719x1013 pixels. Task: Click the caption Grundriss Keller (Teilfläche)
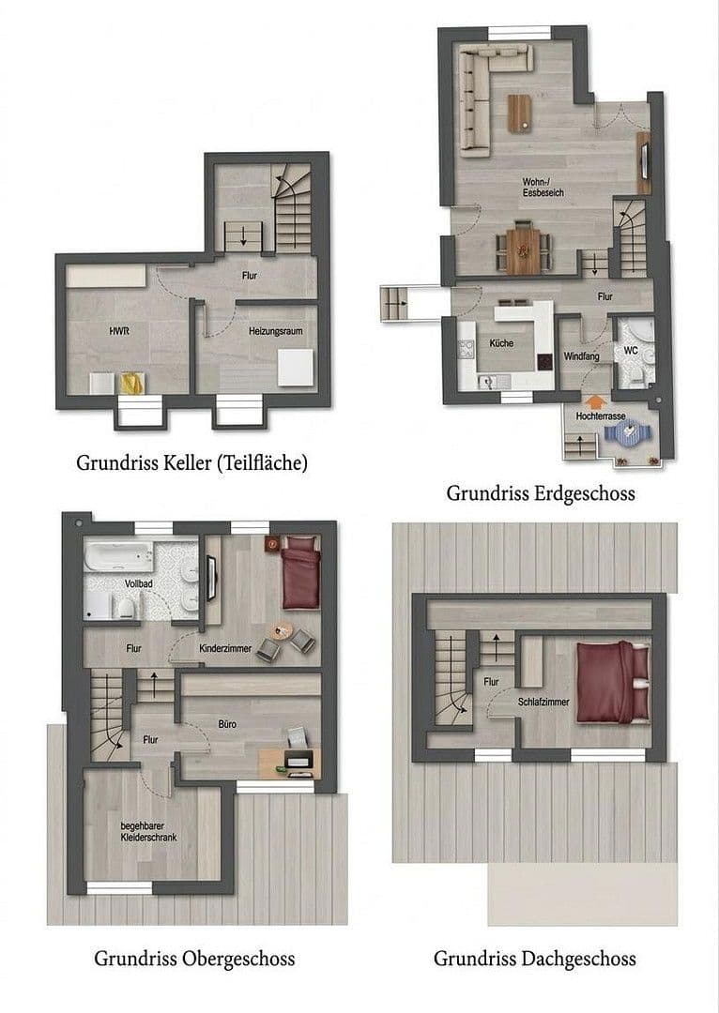point(192,462)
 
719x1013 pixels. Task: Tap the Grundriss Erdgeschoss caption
point(540,492)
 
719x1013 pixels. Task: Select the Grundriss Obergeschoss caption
point(194,959)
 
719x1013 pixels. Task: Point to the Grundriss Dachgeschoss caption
point(534,959)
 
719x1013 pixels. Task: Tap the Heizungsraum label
point(275,331)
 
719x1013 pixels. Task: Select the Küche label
point(501,343)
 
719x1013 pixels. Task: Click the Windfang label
point(581,356)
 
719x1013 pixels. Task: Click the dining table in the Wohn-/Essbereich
point(523,251)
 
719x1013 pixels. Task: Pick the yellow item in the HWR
point(130,383)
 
